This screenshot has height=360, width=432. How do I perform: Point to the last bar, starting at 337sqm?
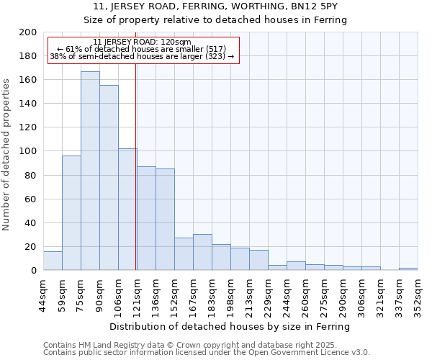click(x=408, y=269)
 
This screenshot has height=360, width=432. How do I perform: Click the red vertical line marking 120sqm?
click(x=136, y=166)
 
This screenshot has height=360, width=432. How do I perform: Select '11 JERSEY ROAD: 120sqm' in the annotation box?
click(x=142, y=42)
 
